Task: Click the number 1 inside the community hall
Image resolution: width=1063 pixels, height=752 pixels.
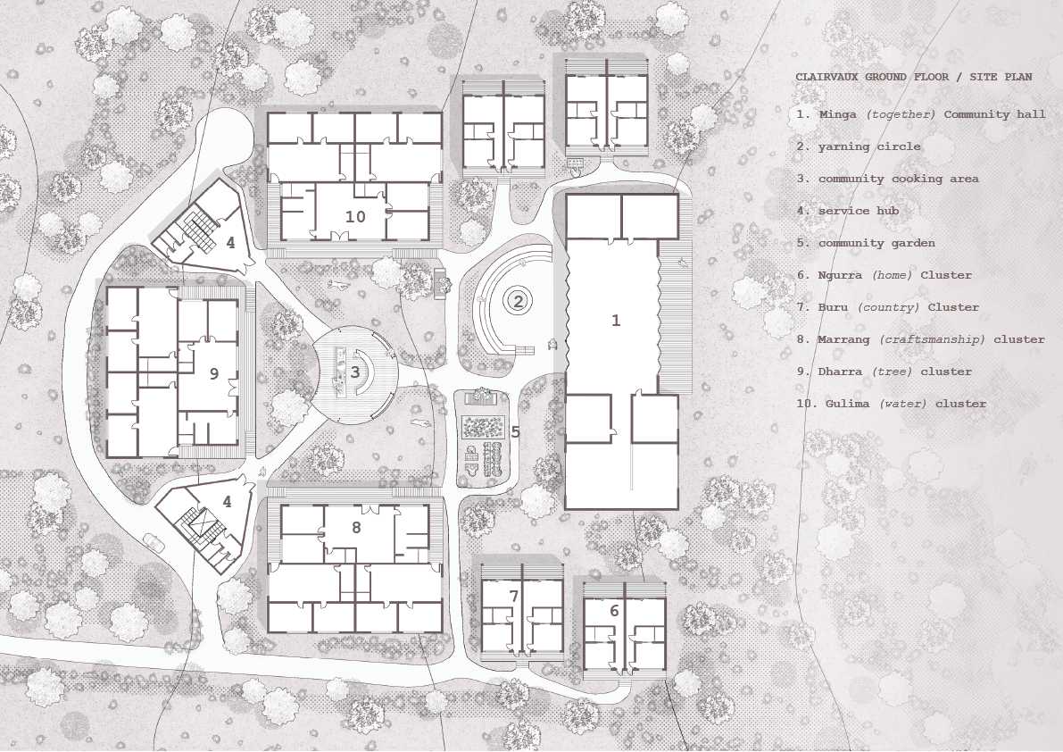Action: pyautogui.click(x=615, y=321)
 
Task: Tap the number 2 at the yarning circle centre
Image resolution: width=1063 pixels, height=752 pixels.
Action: pyautogui.click(x=518, y=301)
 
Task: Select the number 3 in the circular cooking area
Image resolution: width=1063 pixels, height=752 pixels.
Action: pyautogui.click(x=354, y=372)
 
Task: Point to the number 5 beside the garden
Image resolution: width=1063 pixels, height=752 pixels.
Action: pyautogui.click(x=515, y=431)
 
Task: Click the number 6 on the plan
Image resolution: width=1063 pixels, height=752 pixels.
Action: pyautogui.click(x=614, y=611)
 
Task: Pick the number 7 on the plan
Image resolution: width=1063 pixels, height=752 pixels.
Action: pyautogui.click(x=514, y=596)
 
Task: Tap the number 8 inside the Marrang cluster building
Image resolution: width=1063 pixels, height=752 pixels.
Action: pyautogui.click(x=355, y=527)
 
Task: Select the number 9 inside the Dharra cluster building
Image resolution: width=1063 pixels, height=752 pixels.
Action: pyautogui.click(x=213, y=374)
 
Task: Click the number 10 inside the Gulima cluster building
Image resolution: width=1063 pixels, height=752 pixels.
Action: pyautogui.click(x=355, y=217)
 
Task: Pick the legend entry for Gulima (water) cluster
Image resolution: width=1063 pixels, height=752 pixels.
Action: pyautogui.click(x=892, y=404)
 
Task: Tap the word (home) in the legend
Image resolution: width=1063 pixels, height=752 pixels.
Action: pyautogui.click(x=887, y=275)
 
